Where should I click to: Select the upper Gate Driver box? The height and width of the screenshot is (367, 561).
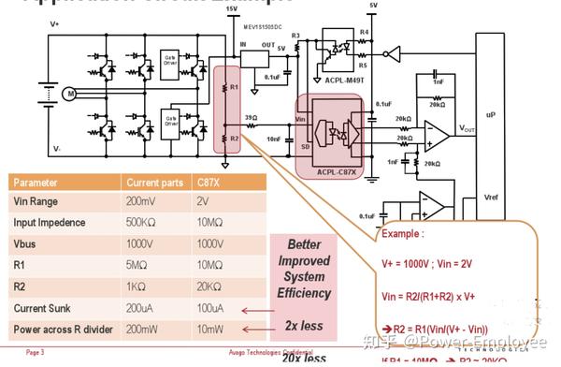[x=170, y=59]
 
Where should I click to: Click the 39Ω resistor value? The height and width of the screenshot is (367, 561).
[x=250, y=117]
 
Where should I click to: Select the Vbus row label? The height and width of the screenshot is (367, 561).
[x=26, y=244]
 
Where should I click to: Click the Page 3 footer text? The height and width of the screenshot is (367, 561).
[x=35, y=353]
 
